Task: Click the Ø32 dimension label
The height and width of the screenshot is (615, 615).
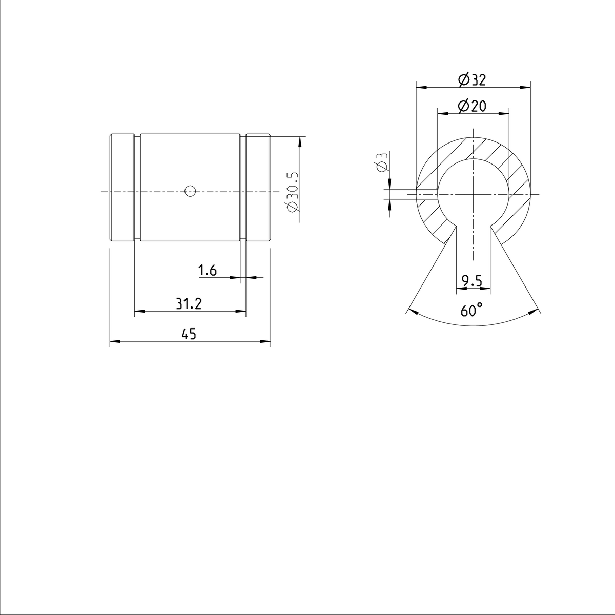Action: [472, 80]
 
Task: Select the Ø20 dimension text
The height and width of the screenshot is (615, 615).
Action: [472, 106]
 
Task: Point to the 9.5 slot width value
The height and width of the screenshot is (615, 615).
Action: [472, 280]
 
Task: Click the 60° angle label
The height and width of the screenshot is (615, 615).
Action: [472, 310]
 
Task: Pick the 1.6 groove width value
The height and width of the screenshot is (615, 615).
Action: [208, 270]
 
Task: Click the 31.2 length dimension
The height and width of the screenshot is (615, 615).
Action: [189, 304]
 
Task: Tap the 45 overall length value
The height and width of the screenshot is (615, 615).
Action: [189, 334]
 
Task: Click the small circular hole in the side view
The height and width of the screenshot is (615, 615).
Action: [190, 191]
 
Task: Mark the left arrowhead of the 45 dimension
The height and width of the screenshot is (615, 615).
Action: [114, 341]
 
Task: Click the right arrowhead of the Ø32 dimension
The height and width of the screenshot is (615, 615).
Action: [526, 87]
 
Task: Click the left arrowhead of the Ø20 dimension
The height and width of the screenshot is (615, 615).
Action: [440, 113]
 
